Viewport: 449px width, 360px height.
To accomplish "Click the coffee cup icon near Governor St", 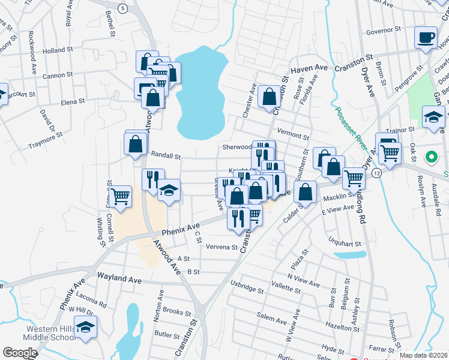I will pyautogui.click(x=426, y=37).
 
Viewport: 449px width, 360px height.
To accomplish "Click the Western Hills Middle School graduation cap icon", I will pyautogui.click(x=86, y=328).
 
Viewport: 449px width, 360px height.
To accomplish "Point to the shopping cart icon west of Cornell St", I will pyautogui.click(x=121, y=195).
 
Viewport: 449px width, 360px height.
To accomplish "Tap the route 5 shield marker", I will pyautogui.click(x=122, y=8).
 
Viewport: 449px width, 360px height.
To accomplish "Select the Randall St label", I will pyautogui.click(x=165, y=155).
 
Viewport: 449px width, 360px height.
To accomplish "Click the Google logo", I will pyautogui.click(x=20, y=353).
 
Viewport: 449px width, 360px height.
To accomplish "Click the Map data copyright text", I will pyautogui.click(x=423, y=355).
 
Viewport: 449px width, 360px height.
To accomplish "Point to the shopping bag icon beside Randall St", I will pyautogui.click(x=136, y=144).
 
